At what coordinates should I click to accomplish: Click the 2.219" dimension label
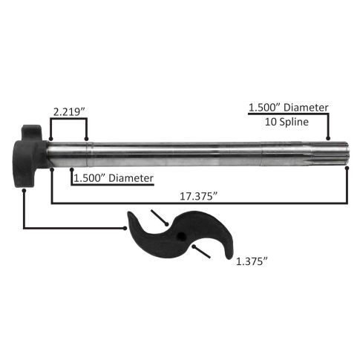tap(69, 112)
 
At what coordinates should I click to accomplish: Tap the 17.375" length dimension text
tap(199, 197)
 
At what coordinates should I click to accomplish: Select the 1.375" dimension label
tap(252, 261)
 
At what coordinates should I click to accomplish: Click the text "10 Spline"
tap(287, 122)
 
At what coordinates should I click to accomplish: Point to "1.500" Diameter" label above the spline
tap(288, 108)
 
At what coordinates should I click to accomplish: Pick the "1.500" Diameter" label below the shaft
tap(114, 178)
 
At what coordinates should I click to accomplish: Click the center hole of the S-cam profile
tap(181, 237)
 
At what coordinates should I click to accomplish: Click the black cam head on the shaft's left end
tap(30, 156)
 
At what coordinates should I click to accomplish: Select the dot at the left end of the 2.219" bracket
tap(51, 139)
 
